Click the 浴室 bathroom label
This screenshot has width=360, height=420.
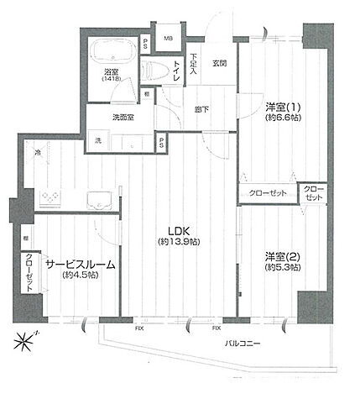coord(112,72)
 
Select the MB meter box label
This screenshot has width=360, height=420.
coord(168,38)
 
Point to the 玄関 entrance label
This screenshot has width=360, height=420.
coord(219,62)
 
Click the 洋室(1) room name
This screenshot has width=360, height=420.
coord(282,107)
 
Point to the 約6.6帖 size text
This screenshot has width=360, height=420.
coord(282,118)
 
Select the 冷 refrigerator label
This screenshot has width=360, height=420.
coord(38,152)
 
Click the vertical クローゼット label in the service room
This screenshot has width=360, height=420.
coord(29,271)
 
